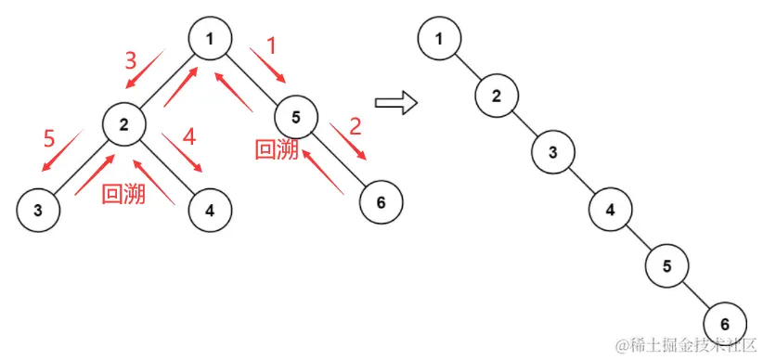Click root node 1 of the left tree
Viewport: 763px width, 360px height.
pos(209,38)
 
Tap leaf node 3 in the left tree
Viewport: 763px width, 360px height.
pos(37,210)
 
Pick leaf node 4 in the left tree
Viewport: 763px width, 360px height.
pos(209,210)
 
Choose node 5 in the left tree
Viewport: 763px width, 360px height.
pos(295,116)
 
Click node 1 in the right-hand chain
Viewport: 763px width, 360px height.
pos(438,39)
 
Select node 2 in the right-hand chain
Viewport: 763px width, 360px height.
pos(497,96)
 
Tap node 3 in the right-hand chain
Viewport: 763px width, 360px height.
pos(553,152)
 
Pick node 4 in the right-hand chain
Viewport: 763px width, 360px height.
pos(611,210)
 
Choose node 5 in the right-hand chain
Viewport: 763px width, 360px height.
pos(667,266)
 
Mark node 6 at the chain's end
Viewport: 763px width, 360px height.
pos(725,324)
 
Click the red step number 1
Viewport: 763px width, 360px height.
pos(272,45)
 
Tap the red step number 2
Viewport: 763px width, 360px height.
pos(355,126)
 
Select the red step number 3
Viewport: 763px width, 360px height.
pos(131,61)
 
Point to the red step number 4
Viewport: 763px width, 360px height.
pos(189,137)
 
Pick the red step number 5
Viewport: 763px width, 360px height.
pos(50,139)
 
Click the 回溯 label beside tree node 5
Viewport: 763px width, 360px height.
pos(277,149)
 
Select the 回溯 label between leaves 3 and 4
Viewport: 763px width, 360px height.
pos(123,193)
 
